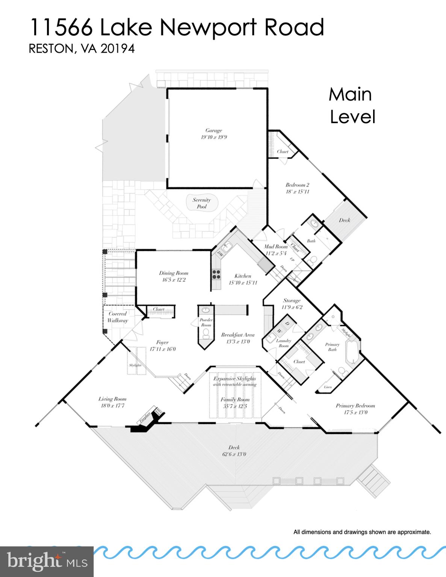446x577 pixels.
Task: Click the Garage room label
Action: coord(213,131)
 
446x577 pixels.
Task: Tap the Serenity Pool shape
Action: coord(201,203)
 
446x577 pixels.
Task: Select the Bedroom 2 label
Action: coord(297,185)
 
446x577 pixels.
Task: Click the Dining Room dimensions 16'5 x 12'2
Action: coord(173,280)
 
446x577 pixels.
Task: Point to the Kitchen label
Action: coord(242,276)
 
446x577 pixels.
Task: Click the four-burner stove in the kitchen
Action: coord(216,274)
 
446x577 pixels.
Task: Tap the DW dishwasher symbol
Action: coord(221,254)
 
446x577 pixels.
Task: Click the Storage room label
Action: coord(292,301)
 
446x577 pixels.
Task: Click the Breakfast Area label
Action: coord(237,335)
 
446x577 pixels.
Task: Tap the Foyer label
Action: coord(162,342)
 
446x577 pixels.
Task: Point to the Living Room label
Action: coord(112,399)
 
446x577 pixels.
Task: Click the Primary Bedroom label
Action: coord(355,406)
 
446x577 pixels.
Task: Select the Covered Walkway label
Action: coord(117,317)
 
